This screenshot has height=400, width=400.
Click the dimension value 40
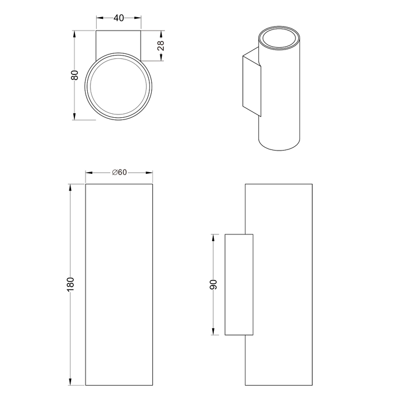click(119, 18)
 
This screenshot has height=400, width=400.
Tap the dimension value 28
click(161, 46)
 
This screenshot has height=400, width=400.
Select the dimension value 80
click(74, 75)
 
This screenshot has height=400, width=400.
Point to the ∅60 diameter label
click(119, 172)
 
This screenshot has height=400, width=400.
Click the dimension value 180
click(70, 284)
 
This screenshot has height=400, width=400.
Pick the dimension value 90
click(213, 284)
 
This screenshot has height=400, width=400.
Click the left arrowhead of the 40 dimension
click(100, 18)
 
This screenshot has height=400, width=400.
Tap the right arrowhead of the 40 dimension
click(138, 18)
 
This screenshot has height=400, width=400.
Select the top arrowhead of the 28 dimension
click(161, 34)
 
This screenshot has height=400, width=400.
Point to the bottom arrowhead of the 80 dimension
click(74, 116)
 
